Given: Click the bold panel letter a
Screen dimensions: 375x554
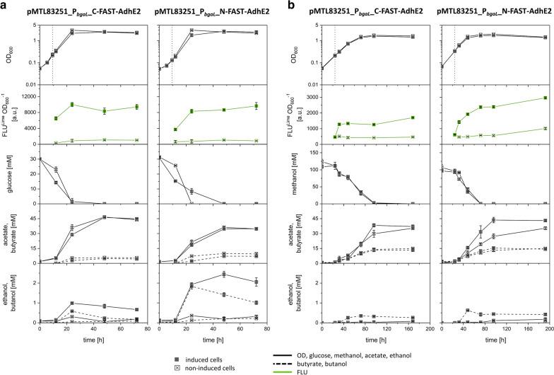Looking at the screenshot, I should click(x=4, y=6).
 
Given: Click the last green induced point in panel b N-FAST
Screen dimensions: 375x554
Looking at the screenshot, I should click(x=546, y=98).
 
